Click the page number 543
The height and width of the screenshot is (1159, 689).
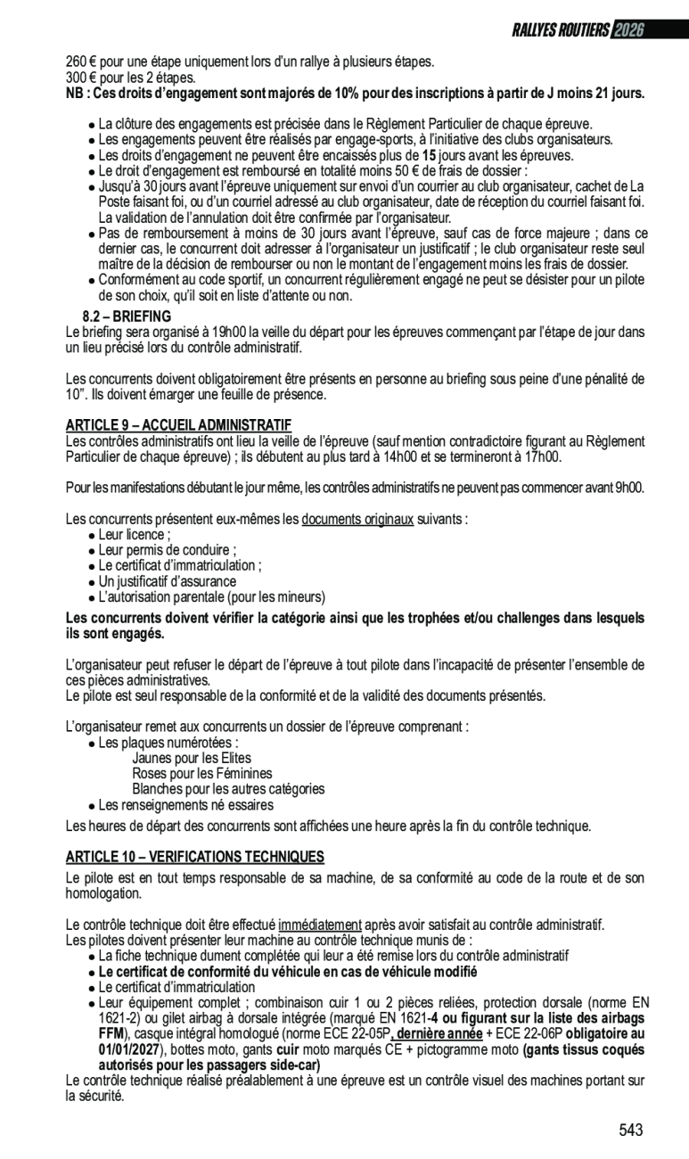pyautogui.click(x=630, y=1130)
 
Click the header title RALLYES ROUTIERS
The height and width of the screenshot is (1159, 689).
pyautogui.click(x=560, y=31)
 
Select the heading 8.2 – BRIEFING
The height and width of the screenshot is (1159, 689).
pyautogui.click(x=127, y=316)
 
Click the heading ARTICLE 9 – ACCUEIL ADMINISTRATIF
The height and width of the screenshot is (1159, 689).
pyautogui.click(x=178, y=423)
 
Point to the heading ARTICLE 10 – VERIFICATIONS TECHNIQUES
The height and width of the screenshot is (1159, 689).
pyautogui.click(x=195, y=857)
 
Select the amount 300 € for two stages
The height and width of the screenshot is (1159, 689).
pyautogui.click(x=81, y=78)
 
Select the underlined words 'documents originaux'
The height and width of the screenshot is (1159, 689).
pyautogui.click(x=357, y=519)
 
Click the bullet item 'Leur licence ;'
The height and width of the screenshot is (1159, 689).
pyautogui.click(x=134, y=534)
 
